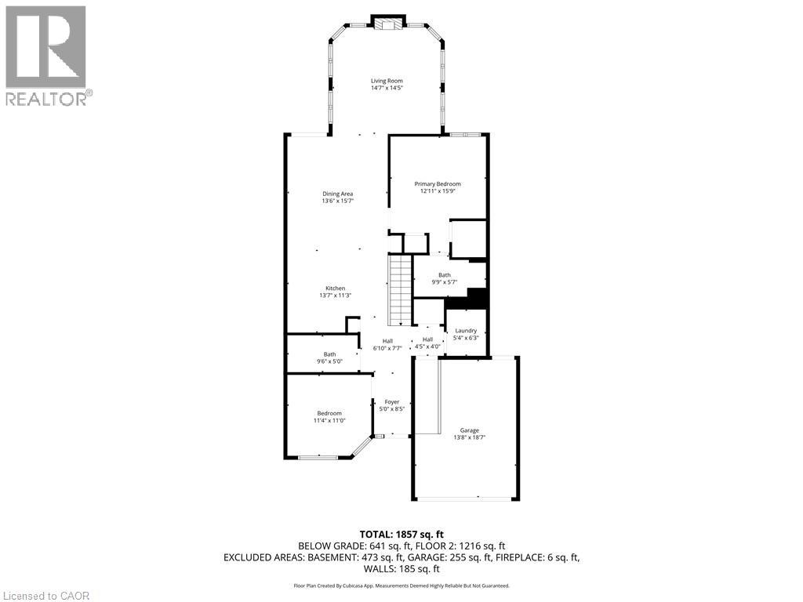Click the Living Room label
pyautogui.click(x=387, y=81)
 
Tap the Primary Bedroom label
pyautogui.click(x=438, y=184)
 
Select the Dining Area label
pyautogui.click(x=337, y=194)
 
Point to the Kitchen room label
pyautogui.click(x=336, y=288)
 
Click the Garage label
pyautogui.click(x=470, y=430)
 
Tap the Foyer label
pyautogui.click(x=392, y=402)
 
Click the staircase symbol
pyautogui.click(x=401, y=290)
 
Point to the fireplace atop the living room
pyautogui.click(x=387, y=24)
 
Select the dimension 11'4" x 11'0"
pyautogui.click(x=329, y=421)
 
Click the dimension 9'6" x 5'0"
pyautogui.click(x=330, y=361)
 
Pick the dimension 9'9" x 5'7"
pyautogui.click(x=445, y=282)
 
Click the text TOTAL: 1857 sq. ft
pyautogui.click(x=401, y=534)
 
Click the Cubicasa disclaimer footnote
pyautogui.click(x=401, y=586)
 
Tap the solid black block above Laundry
pyautogui.click(x=477, y=298)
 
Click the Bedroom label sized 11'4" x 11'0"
pyautogui.click(x=329, y=413)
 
